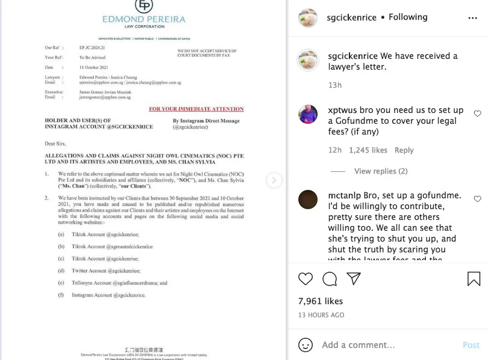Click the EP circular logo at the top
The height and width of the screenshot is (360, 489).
[144, 5]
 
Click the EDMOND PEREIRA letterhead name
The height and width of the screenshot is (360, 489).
[144, 20]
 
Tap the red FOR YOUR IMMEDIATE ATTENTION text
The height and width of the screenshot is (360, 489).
[196, 109]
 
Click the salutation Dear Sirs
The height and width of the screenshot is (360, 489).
[55, 144]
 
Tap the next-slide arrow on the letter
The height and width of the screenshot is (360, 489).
[274, 180]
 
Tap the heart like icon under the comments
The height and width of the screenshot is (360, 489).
[306, 279]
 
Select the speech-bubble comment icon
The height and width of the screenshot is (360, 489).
[330, 279]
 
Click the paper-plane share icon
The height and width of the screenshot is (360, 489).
[354, 279]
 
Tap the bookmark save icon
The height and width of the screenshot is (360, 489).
[474, 279]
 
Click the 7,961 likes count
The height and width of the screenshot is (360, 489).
[321, 301]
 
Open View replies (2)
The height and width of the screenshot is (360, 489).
[381, 171]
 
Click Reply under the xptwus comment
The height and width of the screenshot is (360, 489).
[404, 150]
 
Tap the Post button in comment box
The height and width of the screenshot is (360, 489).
[471, 345]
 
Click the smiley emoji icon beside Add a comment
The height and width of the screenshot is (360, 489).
[306, 345]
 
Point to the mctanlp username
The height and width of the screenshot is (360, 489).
[344, 196]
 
